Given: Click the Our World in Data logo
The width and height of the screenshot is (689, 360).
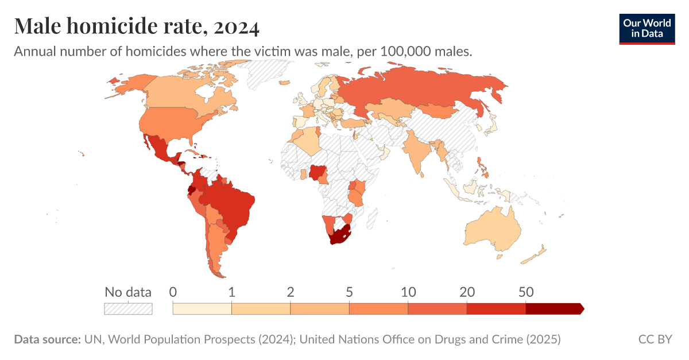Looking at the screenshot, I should click(647, 28).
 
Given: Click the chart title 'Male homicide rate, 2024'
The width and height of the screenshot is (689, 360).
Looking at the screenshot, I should click(137, 26).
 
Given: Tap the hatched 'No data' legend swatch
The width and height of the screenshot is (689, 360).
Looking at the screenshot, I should click(128, 309).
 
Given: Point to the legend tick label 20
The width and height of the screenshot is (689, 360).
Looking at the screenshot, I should click(467, 292).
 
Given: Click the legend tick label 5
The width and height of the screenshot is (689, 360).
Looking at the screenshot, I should click(349, 292).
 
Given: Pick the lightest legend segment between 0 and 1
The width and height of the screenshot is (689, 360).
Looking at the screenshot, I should click(202, 309).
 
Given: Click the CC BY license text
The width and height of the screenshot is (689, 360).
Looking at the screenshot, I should click(655, 339).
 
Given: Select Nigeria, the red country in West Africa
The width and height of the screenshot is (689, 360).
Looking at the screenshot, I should click(318, 172).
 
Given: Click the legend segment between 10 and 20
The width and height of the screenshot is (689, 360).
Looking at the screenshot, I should click(437, 309).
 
